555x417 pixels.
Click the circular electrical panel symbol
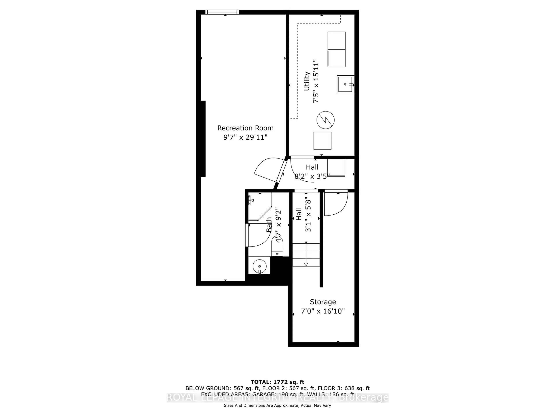(x=325, y=120)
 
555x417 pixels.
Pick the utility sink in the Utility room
(x=345, y=84)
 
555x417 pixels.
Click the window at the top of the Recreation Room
(x=222, y=12)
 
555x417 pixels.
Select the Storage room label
(x=323, y=302)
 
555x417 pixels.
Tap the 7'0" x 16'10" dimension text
(x=323, y=311)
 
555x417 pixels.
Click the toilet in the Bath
(x=277, y=248)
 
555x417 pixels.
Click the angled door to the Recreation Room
(x=269, y=170)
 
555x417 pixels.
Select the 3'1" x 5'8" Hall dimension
(x=308, y=215)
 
